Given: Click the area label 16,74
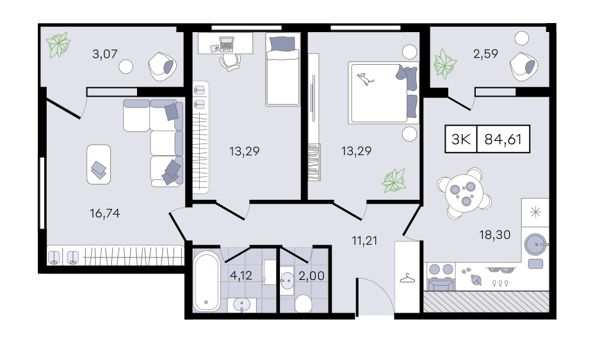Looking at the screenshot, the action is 105,214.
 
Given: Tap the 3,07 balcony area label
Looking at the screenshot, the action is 105,54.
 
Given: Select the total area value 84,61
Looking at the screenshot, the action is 503,140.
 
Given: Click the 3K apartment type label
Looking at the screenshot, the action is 461,140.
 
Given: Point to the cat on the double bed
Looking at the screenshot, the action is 365,79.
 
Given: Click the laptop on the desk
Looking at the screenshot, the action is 227,44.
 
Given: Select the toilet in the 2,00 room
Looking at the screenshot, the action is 303,304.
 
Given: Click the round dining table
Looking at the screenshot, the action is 464,193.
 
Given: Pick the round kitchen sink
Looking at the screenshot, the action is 536,245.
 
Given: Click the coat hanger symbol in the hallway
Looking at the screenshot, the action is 407,279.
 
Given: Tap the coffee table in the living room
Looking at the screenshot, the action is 99,165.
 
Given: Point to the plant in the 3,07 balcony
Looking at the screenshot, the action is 58,45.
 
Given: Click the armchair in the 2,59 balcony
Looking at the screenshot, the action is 524,66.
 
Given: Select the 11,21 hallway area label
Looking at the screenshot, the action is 364,241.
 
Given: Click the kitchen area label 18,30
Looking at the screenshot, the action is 494,235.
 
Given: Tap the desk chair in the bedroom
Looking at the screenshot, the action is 229,61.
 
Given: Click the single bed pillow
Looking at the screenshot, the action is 282,44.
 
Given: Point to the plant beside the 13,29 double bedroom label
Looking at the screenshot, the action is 394,181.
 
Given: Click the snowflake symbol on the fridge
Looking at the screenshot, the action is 535,212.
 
